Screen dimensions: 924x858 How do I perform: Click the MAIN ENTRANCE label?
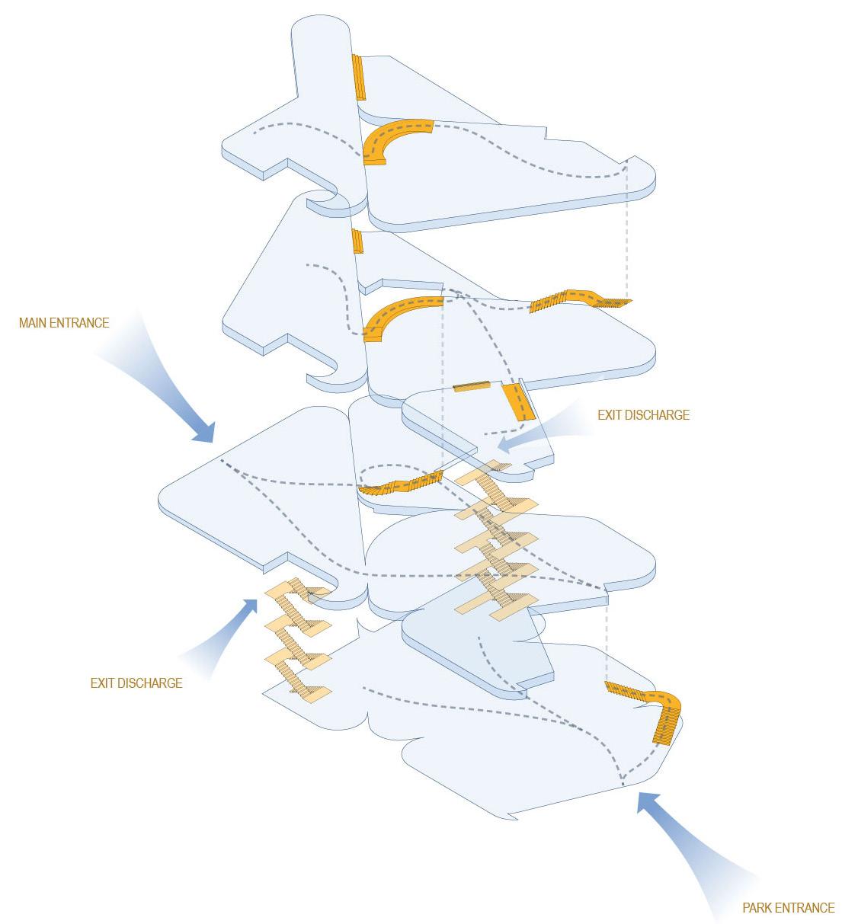(64, 323)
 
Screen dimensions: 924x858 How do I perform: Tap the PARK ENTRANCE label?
(788, 907)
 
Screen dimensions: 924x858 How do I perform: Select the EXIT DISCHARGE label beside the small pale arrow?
(644, 415)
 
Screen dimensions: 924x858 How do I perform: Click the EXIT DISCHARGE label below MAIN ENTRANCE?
(136, 683)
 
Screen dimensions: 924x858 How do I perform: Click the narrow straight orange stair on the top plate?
(358, 76)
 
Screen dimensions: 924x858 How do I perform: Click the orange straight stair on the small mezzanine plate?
(517, 402)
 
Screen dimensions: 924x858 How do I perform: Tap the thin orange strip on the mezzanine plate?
(472, 388)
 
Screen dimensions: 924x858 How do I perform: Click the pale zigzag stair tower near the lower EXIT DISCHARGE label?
(297, 640)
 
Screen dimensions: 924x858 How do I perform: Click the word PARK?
(759, 907)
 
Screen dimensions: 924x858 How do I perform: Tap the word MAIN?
(35, 323)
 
